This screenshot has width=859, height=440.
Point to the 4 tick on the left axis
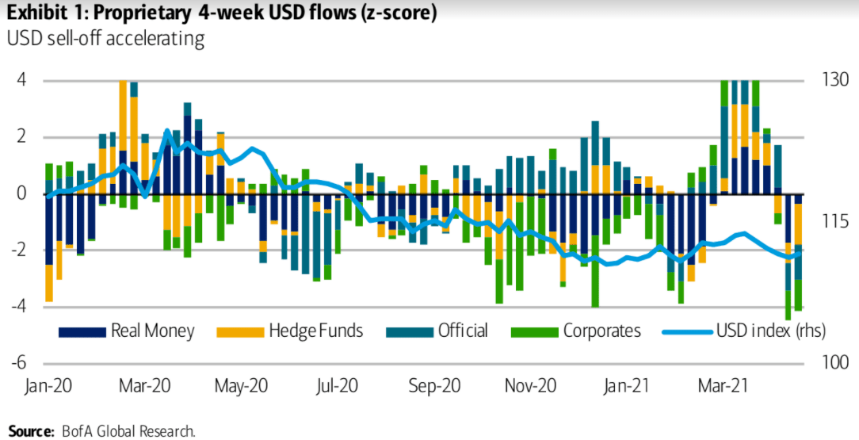point(22,80)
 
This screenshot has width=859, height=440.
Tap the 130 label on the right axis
point(834,80)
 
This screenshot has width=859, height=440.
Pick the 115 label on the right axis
point(834,221)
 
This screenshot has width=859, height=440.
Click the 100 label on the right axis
point(834,363)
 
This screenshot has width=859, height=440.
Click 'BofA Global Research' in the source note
point(127,431)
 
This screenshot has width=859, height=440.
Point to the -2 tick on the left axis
point(19,250)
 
